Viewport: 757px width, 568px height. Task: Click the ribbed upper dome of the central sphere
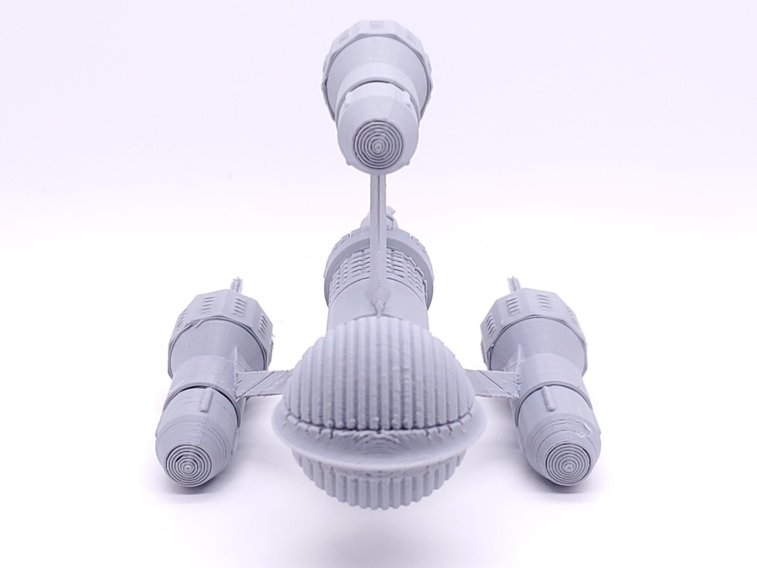pos(378,371)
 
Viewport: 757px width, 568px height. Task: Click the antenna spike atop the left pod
pos(235,286)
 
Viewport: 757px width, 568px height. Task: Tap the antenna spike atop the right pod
pos(518,286)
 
